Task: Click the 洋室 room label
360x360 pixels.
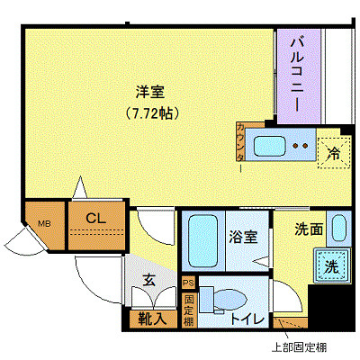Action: tap(149, 92)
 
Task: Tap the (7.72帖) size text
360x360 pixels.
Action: tap(149, 114)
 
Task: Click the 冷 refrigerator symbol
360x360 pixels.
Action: tap(333, 152)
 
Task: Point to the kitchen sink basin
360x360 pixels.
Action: tap(270, 144)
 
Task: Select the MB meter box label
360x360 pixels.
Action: tap(43, 224)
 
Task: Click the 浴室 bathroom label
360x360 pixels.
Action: tap(243, 238)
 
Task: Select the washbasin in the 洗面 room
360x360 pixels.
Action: tap(337, 229)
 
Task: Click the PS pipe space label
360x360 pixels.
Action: tap(189, 282)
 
